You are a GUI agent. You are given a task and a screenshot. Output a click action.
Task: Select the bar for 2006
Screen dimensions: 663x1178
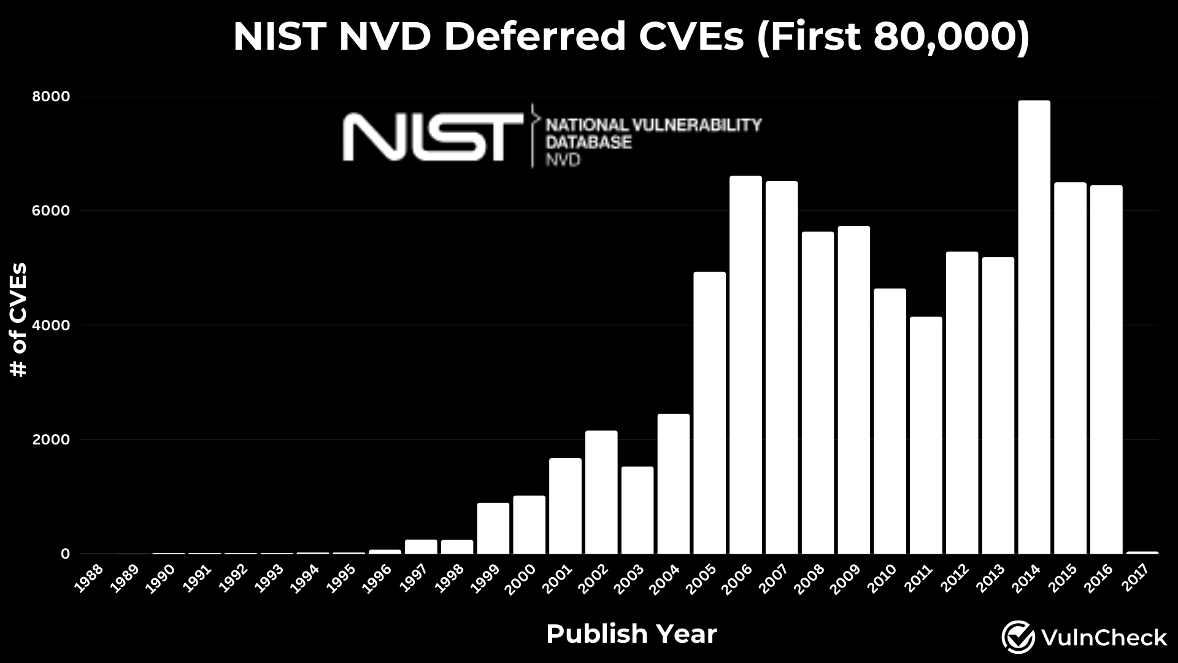coord(745,365)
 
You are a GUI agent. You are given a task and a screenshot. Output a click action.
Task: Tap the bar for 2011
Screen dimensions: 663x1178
coord(926,435)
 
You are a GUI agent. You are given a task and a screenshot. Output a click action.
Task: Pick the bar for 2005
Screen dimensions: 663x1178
coord(709,413)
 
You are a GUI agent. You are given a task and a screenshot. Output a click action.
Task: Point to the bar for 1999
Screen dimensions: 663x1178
coord(493,528)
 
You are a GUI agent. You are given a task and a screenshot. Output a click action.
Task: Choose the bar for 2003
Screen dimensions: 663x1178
coord(637,510)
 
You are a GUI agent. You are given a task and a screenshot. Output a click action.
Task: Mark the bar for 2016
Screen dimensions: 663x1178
coord(1106,370)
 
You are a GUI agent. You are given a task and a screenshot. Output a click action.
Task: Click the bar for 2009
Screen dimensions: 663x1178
coord(853,390)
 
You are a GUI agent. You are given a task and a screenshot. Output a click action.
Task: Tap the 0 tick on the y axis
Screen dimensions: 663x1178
coord(65,554)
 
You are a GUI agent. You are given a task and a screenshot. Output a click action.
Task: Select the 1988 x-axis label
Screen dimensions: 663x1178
coord(89,578)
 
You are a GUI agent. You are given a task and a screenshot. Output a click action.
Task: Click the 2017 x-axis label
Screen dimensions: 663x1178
coord(1136,578)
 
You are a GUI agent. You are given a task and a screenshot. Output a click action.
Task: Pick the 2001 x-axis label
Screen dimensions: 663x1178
coord(558,578)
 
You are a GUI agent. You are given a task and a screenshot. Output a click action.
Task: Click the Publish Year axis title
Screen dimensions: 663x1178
coord(631,634)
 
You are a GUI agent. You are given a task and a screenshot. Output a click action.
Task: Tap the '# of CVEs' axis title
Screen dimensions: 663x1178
coord(20,319)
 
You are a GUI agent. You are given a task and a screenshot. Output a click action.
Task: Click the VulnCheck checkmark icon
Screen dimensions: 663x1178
coord(1018,637)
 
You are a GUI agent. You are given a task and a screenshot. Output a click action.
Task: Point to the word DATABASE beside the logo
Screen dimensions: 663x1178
coord(588,142)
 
